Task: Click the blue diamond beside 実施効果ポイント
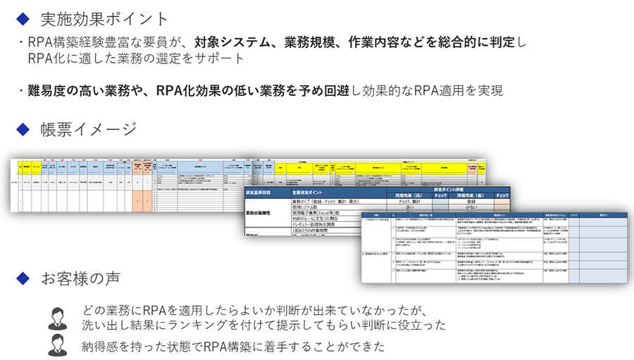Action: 23,18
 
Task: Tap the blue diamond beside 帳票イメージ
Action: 23,128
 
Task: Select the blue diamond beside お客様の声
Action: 23,278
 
